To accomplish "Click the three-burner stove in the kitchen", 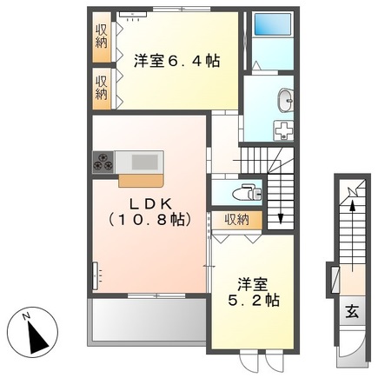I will [x=103, y=161].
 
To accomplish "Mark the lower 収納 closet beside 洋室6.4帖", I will [x=101, y=87].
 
